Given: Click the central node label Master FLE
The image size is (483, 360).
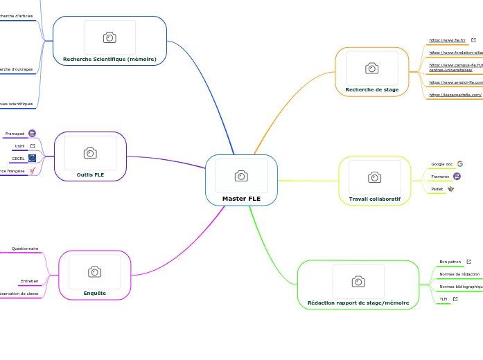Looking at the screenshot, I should coord(241,199).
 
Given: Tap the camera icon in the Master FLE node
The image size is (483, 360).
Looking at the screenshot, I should coord(241,176).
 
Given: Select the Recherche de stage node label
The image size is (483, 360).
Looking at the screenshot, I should coord(372,89).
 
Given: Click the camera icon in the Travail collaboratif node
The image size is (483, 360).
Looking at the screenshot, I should coord(374,177).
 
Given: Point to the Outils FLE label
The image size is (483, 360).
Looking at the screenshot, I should coord(90,175).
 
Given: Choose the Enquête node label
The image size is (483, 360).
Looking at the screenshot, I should coord(95,293).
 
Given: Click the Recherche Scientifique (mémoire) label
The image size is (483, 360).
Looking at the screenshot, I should coord(109,59).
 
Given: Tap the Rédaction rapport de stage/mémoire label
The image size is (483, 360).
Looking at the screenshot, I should coord(358,303).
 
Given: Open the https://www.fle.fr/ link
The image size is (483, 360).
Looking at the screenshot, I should coord(447,40).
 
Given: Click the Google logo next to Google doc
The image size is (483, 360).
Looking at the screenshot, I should coord(459,164).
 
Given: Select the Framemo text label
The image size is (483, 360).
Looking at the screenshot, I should coord(440,177).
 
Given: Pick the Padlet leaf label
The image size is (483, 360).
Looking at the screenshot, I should coord(437,188).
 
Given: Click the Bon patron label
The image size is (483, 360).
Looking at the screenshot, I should coord(450,262).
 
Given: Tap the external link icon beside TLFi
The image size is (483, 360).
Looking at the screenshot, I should coord(455,299).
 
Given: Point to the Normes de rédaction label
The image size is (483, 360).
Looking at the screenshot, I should coord(459,274).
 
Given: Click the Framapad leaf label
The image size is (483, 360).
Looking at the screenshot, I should coord(15,133).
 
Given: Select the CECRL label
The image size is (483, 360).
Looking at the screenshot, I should coord(18,158).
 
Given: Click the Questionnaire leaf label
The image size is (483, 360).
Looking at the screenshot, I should coord(25,248).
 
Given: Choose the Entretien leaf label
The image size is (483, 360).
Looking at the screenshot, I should coord(29,281).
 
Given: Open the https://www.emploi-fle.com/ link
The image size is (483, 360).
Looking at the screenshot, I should coord(455,82).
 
